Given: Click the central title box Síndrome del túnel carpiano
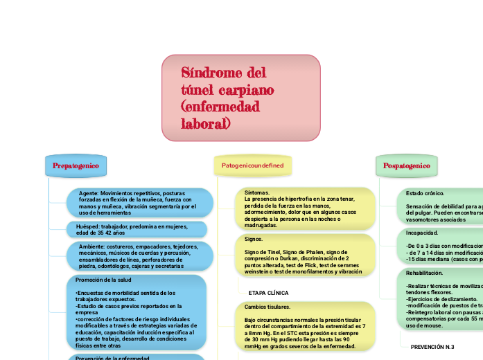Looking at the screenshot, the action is [240, 98].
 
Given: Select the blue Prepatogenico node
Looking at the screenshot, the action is [76, 166].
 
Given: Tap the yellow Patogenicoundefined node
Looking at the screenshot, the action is [252, 166].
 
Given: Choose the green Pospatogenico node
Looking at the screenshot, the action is [407, 166].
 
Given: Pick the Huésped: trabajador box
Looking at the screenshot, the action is [139, 229].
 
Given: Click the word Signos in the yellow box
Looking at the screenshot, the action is [254, 239].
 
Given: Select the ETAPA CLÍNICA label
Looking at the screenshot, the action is [268, 293].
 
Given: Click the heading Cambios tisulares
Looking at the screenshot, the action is [267, 307].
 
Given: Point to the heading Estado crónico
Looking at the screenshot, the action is [425, 193].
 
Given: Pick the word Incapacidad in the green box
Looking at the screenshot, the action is [422, 233].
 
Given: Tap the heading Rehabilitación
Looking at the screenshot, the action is [424, 273].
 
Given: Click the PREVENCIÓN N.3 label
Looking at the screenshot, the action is [432, 346].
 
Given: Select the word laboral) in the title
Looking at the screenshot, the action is [205, 124].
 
